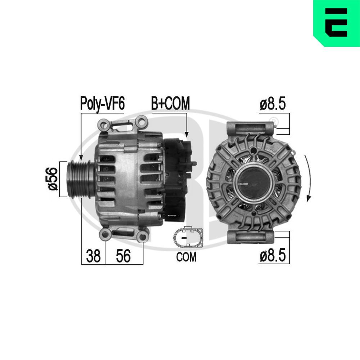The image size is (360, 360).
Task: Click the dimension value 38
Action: point(93,256)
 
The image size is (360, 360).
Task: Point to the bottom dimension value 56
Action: point(123,256)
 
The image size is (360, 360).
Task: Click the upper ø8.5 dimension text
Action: point(273,104)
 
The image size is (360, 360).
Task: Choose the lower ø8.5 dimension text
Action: point(273,256)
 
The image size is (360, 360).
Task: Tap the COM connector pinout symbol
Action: point(187,238)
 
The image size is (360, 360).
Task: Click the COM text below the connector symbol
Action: point(186,257)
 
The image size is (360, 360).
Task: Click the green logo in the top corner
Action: point(337,23)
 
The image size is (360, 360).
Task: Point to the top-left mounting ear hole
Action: point(105,125)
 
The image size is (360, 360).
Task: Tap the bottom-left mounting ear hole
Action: point(105,235)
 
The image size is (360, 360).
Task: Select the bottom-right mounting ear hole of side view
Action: point(143,237)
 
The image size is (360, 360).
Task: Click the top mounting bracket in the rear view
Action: point(251,128)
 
